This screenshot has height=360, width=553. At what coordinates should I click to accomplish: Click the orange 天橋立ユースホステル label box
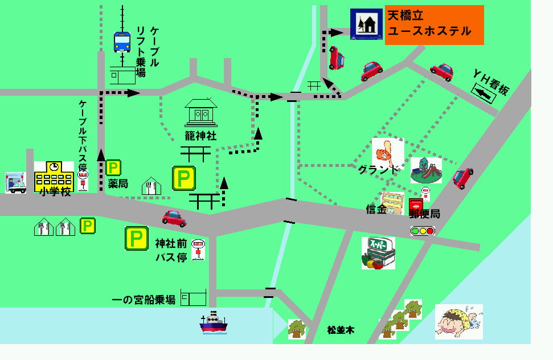[x=434, y=24]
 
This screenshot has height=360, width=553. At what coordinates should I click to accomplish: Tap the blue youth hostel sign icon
[x=366, y=24]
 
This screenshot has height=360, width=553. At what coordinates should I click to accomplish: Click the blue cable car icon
[x=122, y=42]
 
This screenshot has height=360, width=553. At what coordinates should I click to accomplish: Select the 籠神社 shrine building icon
[x=200, y=112]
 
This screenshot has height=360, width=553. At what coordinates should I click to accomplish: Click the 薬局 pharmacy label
[x=118, y=184]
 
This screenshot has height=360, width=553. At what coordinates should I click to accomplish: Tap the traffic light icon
[x=423, y=231]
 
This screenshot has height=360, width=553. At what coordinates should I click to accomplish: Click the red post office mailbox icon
[x=416, y=204]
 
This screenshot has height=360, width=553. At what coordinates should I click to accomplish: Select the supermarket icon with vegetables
[x=378, y=253]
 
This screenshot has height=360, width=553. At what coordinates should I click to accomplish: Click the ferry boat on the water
[x=213, y=323]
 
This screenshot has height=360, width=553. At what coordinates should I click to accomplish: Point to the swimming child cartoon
[x=458, y=321]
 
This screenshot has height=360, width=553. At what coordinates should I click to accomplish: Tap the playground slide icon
[x=426, y=170]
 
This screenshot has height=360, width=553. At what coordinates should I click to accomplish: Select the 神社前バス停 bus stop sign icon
[x=198, y=249]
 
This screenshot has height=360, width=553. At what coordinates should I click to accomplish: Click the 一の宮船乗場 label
[x=144, y=300]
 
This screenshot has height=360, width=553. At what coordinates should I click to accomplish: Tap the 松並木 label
[x=341, y=330]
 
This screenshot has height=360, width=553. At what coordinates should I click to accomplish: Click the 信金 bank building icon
[x=392, y=203]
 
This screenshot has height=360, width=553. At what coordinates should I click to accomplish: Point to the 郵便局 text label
[x=424, y=214]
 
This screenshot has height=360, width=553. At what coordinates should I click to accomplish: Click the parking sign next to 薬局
[x=113, y=167]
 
